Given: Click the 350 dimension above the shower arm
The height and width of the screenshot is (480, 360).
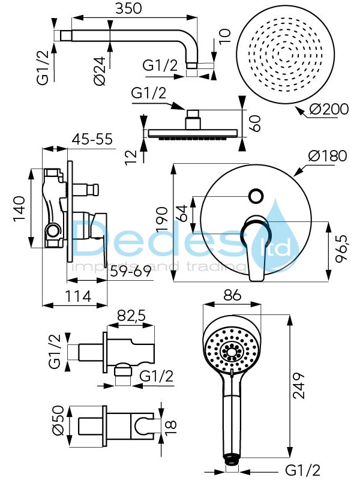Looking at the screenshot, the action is point(128,8).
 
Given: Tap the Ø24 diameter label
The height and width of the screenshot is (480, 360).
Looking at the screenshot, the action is point(100,71).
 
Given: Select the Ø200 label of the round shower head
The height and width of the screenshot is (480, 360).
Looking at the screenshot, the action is point(328,109).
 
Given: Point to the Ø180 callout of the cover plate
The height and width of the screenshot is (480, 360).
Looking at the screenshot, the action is point(328,155).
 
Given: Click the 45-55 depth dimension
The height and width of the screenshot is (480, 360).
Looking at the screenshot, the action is point(92,139).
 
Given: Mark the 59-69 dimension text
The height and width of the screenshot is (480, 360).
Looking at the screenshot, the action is point(130,271).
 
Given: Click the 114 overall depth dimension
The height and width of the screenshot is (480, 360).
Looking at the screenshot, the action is point(78,296).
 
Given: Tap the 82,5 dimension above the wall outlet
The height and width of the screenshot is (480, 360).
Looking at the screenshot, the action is point(131,316).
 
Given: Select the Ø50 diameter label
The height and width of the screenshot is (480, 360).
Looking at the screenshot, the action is point(58,421).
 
